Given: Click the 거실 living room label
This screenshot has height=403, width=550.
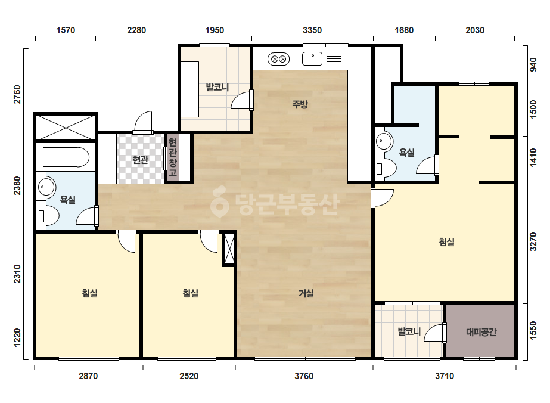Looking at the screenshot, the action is tap(306, 293).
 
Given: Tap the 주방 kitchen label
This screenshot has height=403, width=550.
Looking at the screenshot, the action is tap(300, 104).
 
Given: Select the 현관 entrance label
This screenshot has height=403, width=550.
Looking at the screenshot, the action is tap(140, 160).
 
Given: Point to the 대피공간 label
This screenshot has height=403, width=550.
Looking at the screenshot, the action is tap(481, 331).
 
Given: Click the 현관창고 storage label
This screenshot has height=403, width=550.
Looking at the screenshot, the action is tap(172, 157).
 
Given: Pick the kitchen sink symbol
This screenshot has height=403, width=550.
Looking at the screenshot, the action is tap(312, 58).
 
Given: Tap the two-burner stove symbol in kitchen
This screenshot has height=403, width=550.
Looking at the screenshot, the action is tap(278, 59).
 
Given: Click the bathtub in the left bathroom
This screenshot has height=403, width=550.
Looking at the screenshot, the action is tap(66, 157).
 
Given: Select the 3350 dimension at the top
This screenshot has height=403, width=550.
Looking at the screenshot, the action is tap(312, 30).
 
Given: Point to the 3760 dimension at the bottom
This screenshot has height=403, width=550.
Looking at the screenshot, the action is tap(304, 376).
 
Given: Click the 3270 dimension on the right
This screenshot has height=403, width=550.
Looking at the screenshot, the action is tap(533, 241).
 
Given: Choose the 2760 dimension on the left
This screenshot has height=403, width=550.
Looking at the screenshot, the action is tap(17, 94).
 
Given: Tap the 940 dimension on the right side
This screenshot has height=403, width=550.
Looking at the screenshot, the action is tap(533, 65).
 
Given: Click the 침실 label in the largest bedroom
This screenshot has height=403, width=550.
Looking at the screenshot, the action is tap(446, 242).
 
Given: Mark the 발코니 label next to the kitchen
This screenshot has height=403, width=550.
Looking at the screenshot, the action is tap(217, 86).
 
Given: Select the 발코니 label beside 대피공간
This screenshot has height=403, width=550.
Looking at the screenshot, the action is tap(409, 331).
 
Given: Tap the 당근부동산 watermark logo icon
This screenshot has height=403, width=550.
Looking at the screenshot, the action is tap(219, 202).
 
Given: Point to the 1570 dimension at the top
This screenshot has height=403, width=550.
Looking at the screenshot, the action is tap(66, 30).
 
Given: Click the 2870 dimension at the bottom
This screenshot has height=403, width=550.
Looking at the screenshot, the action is tap(88, 376).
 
